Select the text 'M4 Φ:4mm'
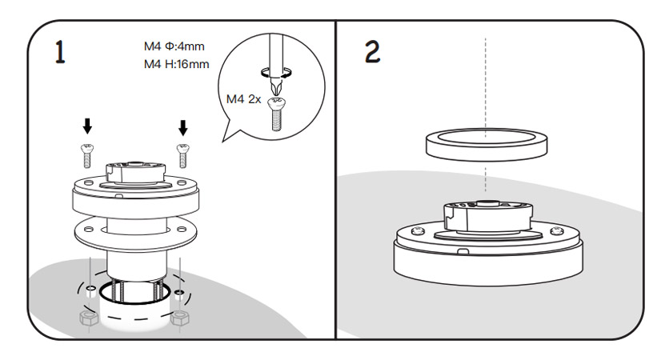click(174, 46)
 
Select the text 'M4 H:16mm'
click(177, 63)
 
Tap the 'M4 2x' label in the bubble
click(243, 98)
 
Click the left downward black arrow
click(88, 126)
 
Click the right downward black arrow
click(183, 126)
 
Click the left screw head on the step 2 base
click(415, 232)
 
